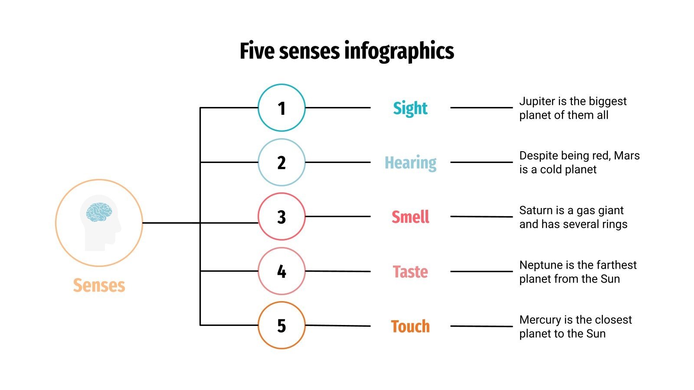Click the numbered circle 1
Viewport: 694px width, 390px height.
click(282, 108)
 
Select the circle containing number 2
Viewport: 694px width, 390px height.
click(282, 162)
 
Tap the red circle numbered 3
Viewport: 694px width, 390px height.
click(282, 217)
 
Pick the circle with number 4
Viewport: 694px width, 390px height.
click(282, 271)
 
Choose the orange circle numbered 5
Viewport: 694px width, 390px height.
click(282, 325)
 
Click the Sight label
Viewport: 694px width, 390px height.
click(410, 108)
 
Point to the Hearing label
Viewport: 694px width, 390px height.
click(410, 163)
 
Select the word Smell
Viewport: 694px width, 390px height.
click(410, 217)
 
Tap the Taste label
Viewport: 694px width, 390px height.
click(410, 272)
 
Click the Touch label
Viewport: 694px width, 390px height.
click(410, 326)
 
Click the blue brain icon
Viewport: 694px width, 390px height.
click(99, 212)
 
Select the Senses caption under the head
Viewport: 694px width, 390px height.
click(99, 286)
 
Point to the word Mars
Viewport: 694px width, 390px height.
click(627, 156)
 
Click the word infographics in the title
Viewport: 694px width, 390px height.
click(399, 51)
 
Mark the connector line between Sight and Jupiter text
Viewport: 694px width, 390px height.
click(481, 107)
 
